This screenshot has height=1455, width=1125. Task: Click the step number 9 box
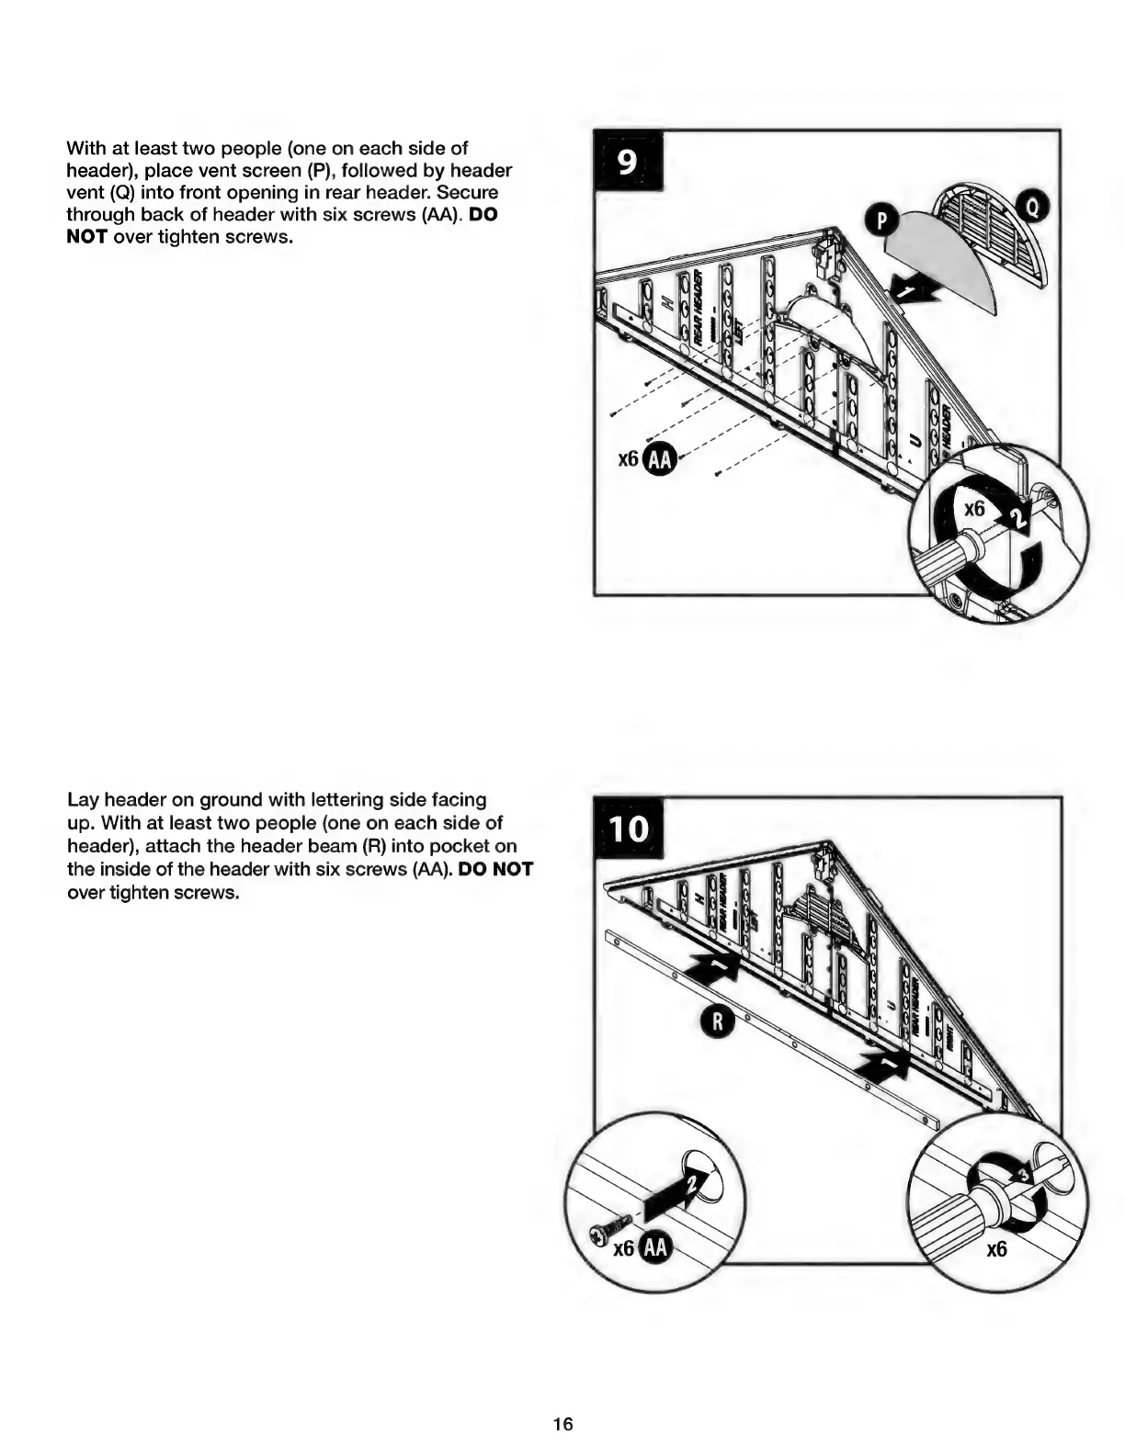click(x=627, y=162)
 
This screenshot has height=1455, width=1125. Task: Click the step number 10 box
click(x=630, y=829)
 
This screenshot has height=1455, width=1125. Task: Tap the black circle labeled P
click(x=883, y=220)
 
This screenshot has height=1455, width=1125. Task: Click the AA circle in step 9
click(x=658, y=459)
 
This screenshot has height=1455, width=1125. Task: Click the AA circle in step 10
click(x=656, y=1247)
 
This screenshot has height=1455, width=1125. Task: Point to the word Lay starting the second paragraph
click(x=84, y=800)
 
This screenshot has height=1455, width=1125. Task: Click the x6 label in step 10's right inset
click(x=996, y=1249)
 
